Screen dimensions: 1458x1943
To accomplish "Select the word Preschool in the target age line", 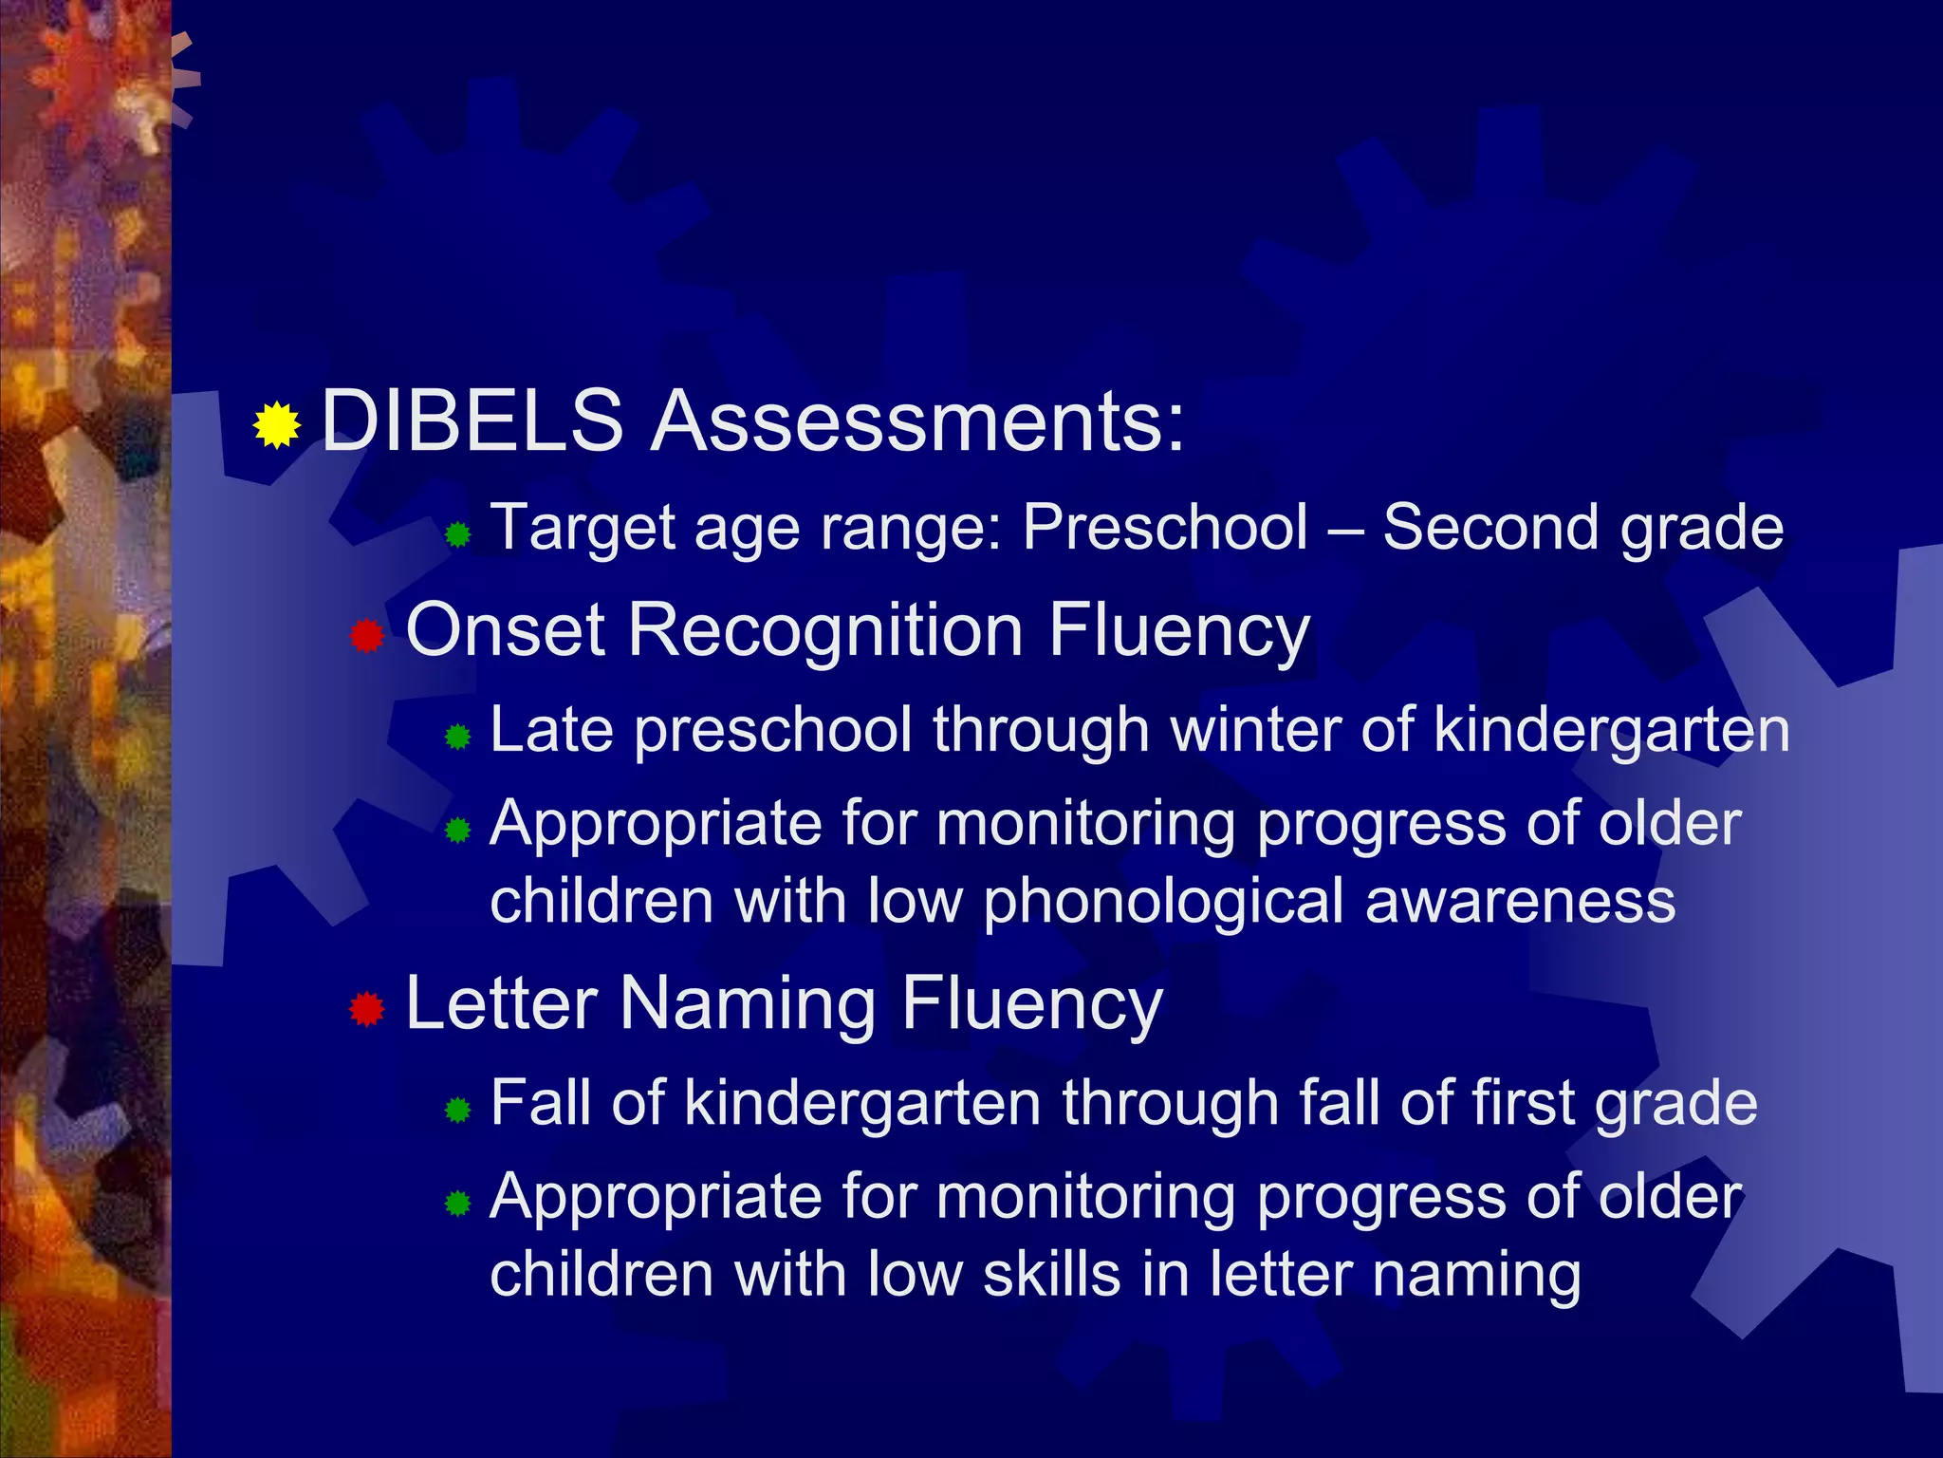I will tap(1165, 527).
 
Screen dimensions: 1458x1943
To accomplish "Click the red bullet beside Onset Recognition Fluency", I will tap(366, 636).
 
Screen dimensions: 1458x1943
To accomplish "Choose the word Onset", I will tap(505, 630).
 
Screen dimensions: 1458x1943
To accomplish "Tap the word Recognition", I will tap(825, 630).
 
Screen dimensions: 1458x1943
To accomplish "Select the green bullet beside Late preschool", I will tap(457, 737).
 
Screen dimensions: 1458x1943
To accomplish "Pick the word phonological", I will tap(1163, 901).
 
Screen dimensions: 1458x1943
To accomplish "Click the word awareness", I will tap(1520, 901).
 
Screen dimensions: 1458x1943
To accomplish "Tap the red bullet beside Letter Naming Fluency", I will tap(366, 1009).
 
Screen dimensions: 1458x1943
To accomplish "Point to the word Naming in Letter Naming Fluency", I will tap(748, 1003).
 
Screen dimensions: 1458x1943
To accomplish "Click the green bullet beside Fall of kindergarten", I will tap(457, 1110).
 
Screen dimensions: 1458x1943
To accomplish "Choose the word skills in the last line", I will tap(1051, 1274).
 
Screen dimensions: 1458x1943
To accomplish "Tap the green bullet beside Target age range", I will tap(457, 534).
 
